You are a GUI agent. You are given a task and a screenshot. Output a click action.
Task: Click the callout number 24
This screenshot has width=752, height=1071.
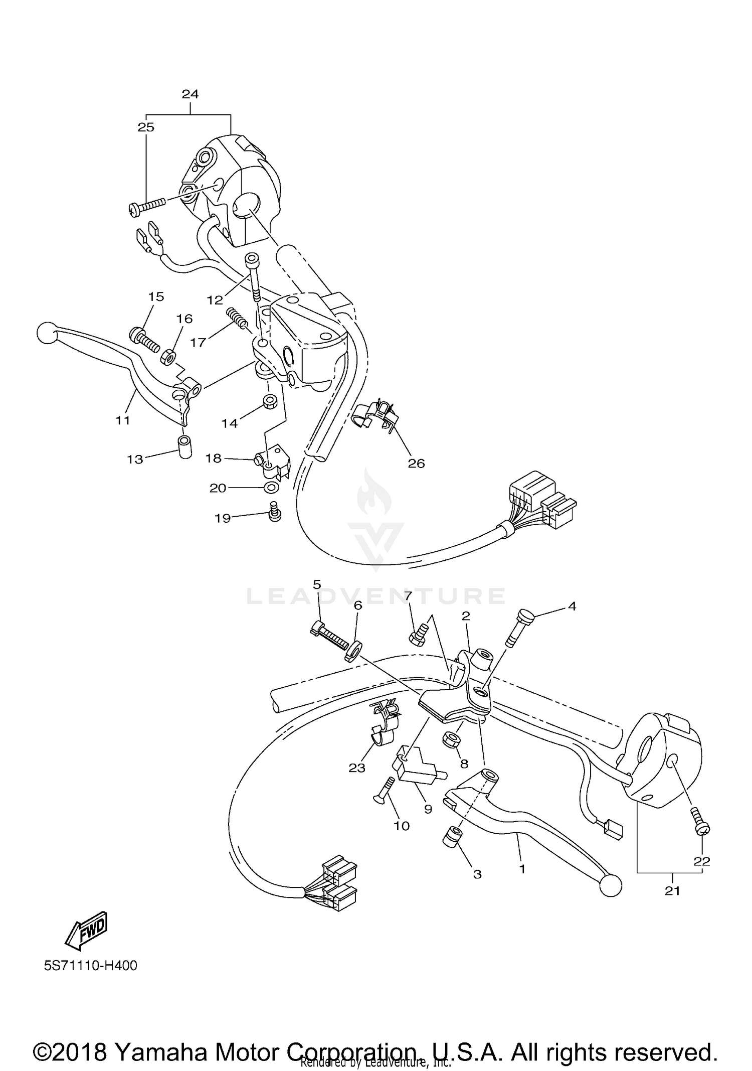190,94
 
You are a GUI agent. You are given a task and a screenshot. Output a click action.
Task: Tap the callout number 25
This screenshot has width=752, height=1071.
146,127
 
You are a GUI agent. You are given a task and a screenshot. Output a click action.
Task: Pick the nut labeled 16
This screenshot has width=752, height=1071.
167,357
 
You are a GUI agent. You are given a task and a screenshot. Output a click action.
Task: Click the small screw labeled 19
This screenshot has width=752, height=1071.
275,511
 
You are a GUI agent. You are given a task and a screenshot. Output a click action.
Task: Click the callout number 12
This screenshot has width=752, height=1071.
215,300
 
